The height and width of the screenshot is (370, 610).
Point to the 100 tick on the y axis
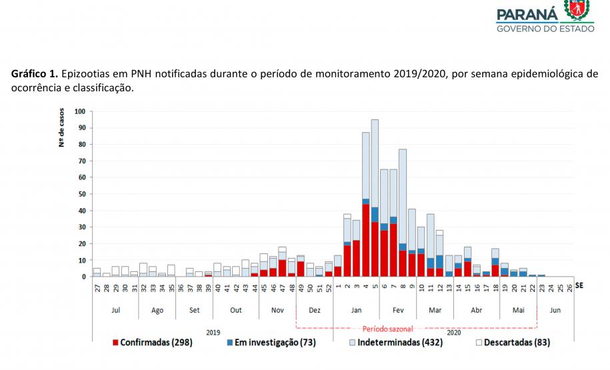pyautogui.click(x=80, y=111)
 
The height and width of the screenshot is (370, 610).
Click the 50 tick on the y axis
pyautogui.click(x=81, y=194)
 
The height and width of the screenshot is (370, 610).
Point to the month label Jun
pyautogui.click(x=555, y=310)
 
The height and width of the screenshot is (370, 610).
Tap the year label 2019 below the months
pyautogui.click(x=213, y=331)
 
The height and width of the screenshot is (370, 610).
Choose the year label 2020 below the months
pyautogui.click(x=453, y=331)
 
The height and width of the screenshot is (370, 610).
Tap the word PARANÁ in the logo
pyautogui.click(x=527, y=14)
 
